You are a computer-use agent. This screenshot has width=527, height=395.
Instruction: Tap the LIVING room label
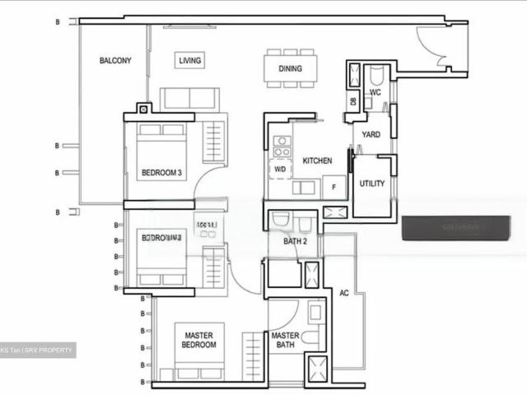tap(191, 61)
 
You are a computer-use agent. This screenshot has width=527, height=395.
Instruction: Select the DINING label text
tap(289, 69)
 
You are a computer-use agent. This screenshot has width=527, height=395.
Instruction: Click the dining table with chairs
tap(289, 68)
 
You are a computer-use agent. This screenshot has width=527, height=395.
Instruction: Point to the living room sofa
tap(189, 98)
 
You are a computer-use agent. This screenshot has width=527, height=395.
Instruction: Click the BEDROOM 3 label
tap(161, 173)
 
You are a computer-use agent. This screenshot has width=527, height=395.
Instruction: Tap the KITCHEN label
tap(317, 160)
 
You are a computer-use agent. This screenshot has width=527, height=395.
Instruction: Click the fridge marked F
tap(334, 186)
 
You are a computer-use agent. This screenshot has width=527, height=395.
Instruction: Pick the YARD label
tap(371, 134)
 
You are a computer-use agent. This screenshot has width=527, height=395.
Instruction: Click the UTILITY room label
tap(371, 184)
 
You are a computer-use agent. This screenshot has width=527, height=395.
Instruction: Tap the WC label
tap(375, 93)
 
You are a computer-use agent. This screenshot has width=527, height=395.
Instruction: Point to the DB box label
tap(352, 101)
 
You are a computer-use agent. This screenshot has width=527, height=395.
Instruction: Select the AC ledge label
tap(343, 292)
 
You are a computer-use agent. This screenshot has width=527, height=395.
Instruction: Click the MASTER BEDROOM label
tap(199, 340)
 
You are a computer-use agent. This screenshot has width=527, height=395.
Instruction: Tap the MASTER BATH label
tap(286, 340)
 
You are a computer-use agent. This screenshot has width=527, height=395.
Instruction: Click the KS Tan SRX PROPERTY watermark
tap(37, 351)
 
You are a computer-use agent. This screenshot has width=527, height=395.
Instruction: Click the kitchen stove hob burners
tap(282, 146)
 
